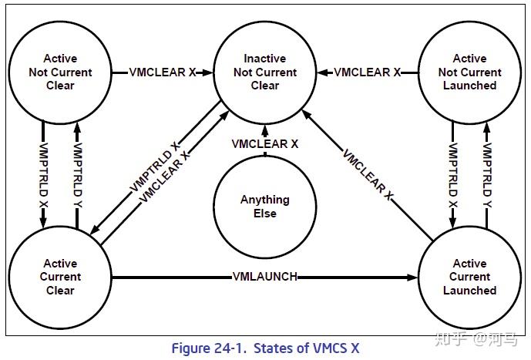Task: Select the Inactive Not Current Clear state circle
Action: click(x=264, y=72)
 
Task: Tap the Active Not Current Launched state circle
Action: click(x=469, y=72)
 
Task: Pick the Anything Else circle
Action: click(x=264, y=206)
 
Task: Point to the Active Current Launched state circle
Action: click(x=469, y=277)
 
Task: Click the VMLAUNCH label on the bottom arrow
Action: click(x=264, y=277)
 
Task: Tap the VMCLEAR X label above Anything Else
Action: click(x=264, y=144)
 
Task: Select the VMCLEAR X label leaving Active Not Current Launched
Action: click(x=367, y=72)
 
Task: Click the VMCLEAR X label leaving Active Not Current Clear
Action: click(x=160, y=72)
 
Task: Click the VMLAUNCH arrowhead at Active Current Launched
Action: click(x=412, y=277)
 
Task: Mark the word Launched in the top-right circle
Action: click(x=469, y=86)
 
